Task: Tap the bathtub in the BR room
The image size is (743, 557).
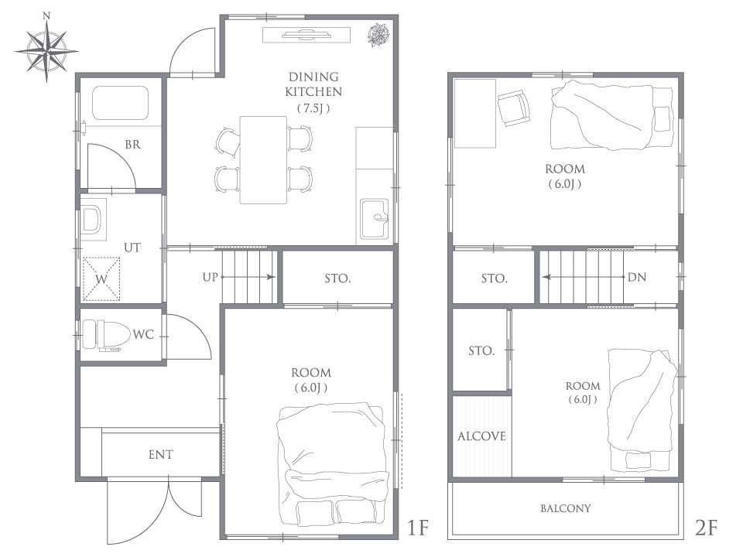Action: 121,103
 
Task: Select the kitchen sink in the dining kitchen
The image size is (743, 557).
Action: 375,218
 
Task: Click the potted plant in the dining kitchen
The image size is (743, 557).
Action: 379,36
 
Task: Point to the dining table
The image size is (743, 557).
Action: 263,160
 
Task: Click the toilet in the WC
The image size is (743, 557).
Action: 106,335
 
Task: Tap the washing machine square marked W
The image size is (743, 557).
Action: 101,279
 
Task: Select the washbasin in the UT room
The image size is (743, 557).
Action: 91,220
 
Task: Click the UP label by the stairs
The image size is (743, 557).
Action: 210,277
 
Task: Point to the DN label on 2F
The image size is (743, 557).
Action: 637,277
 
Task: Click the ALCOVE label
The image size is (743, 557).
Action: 482,436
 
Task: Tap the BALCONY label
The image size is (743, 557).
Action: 566,509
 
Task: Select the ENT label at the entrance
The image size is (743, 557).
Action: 161,455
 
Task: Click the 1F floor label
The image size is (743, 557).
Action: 418,527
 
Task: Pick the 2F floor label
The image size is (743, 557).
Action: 706,527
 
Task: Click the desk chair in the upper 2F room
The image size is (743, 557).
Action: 514,108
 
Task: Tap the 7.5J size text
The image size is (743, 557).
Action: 313,108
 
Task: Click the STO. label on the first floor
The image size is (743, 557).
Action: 338,278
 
